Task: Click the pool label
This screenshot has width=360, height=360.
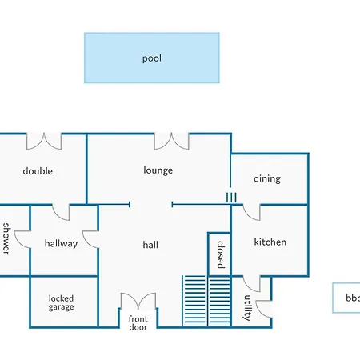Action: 152,58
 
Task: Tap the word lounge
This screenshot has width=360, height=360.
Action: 158,170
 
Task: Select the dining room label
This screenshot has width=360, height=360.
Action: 267,178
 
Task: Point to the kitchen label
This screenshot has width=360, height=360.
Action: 270,242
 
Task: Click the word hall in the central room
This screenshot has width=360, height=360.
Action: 150,245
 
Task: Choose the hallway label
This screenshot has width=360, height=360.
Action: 61,243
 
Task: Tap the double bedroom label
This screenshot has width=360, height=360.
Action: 38,171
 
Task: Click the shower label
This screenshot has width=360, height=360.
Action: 6,238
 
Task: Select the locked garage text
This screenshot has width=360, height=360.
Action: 61,302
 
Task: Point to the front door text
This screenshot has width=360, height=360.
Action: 138,323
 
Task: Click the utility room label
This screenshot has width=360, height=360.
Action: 248,307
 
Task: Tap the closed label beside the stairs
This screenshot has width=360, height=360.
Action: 220,254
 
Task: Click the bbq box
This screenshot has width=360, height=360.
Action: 346,298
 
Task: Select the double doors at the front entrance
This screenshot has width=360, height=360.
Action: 138,301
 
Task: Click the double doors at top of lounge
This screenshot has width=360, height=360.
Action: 171,141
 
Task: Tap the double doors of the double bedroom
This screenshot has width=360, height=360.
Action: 44,141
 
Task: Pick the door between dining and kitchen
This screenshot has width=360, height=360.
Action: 251,212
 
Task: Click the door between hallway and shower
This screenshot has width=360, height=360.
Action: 22,239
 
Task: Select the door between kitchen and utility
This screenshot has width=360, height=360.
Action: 251,284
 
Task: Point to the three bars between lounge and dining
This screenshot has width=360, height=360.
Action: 231,198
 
